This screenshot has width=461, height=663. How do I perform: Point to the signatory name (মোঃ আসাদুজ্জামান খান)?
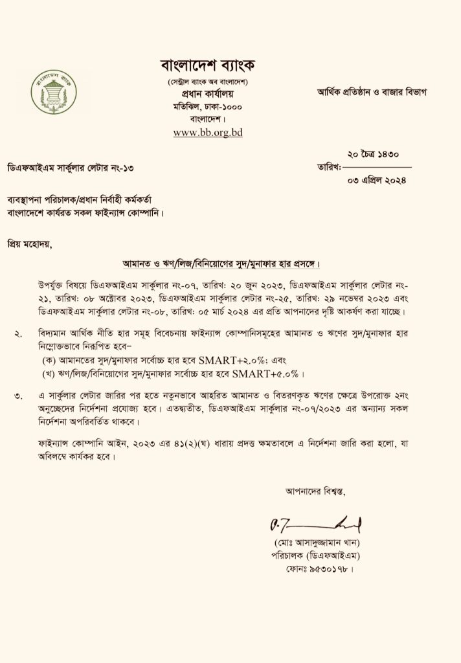coord(316,541)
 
